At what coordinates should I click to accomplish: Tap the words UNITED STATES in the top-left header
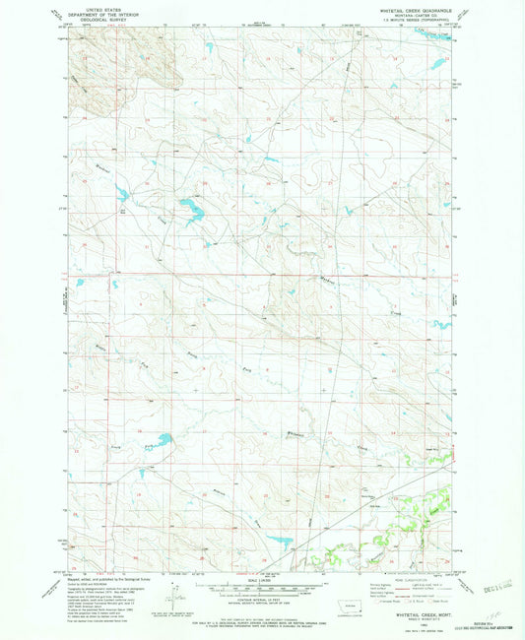(x=98, y=8)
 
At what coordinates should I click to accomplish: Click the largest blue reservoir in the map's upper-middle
(x=186, y=208)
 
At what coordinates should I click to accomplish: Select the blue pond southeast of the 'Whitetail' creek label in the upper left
(x=123, y=194)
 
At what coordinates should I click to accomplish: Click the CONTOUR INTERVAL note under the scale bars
(x=262, y=600)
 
